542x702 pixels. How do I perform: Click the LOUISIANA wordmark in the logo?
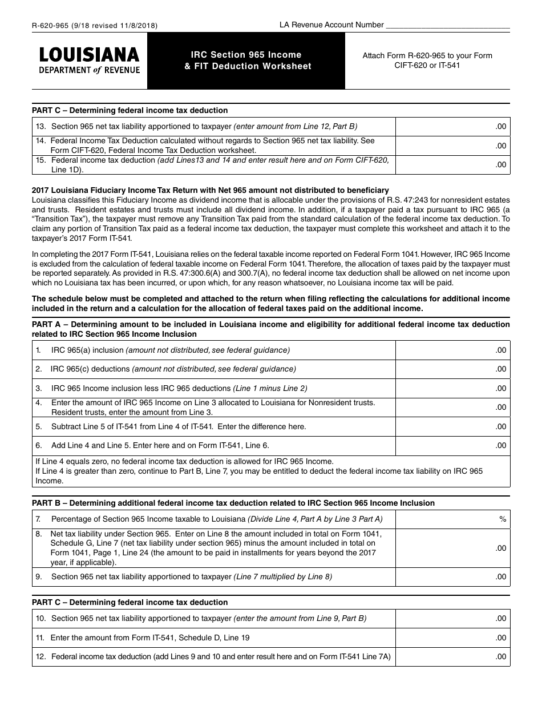pos(88,55)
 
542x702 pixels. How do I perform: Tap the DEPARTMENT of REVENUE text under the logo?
pos(88,70)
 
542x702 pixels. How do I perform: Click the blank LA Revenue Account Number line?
pos(448,25)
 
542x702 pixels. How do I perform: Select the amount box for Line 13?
pos(452,127)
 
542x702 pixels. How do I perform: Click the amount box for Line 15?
pos(452,164)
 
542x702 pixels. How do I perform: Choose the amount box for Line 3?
pos(452,388)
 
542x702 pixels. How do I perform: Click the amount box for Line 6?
pos(452,445)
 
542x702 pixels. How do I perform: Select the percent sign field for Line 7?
pos(452,519)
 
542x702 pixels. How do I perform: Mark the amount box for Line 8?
pos(452,548)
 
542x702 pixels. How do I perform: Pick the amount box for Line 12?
pos(452,656)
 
